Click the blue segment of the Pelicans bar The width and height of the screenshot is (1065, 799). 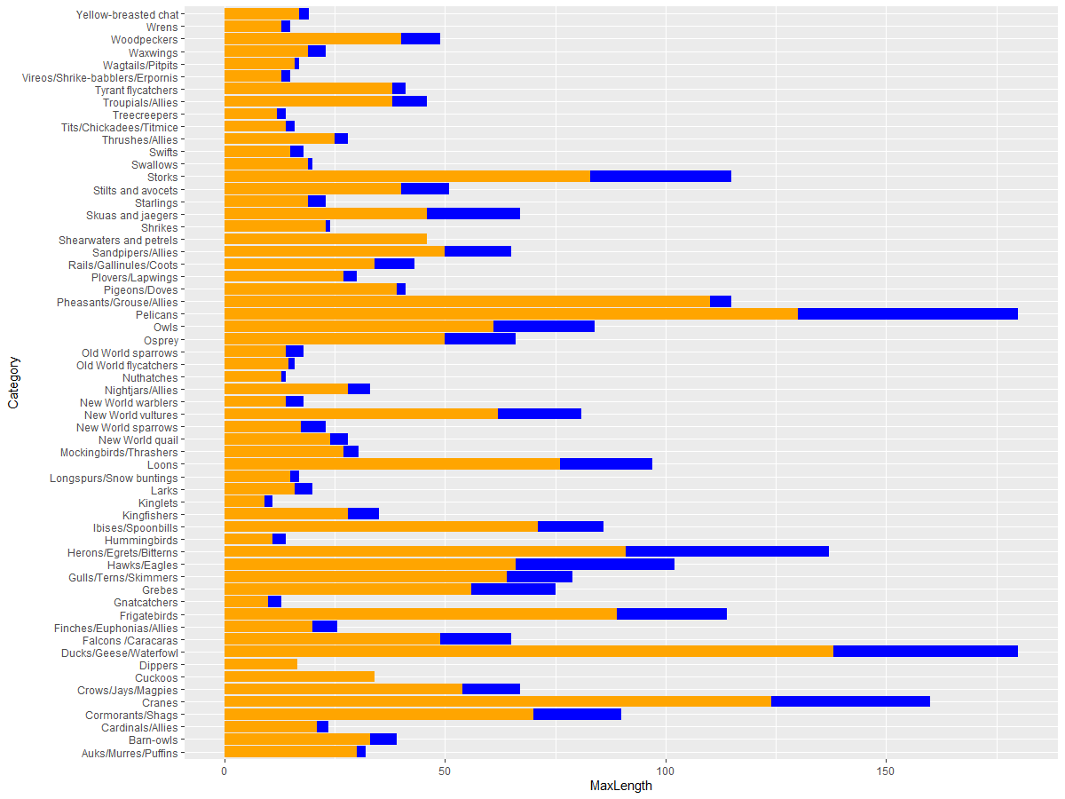tap(907, 314)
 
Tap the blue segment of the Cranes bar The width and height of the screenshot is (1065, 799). tap(850, 702)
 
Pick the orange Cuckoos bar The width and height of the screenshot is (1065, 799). tap(299, 677)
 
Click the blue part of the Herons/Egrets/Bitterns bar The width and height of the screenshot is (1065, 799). tap(727, 552)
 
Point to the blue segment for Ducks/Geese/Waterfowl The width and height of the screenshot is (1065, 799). tap(925, 653)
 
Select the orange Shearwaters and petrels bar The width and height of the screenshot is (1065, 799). tap(325, 240)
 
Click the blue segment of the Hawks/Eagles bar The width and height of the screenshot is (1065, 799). tap(595, 565)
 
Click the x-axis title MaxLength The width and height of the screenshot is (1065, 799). tap(620, 786)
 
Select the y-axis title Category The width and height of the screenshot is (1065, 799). tap(12, 384)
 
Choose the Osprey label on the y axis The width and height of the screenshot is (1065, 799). tap(161, 340)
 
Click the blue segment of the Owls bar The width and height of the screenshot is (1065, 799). tap(543, 327)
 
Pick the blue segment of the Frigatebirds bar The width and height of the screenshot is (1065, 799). tap(671, 614)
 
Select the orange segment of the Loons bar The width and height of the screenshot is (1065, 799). tap(391, 464)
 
